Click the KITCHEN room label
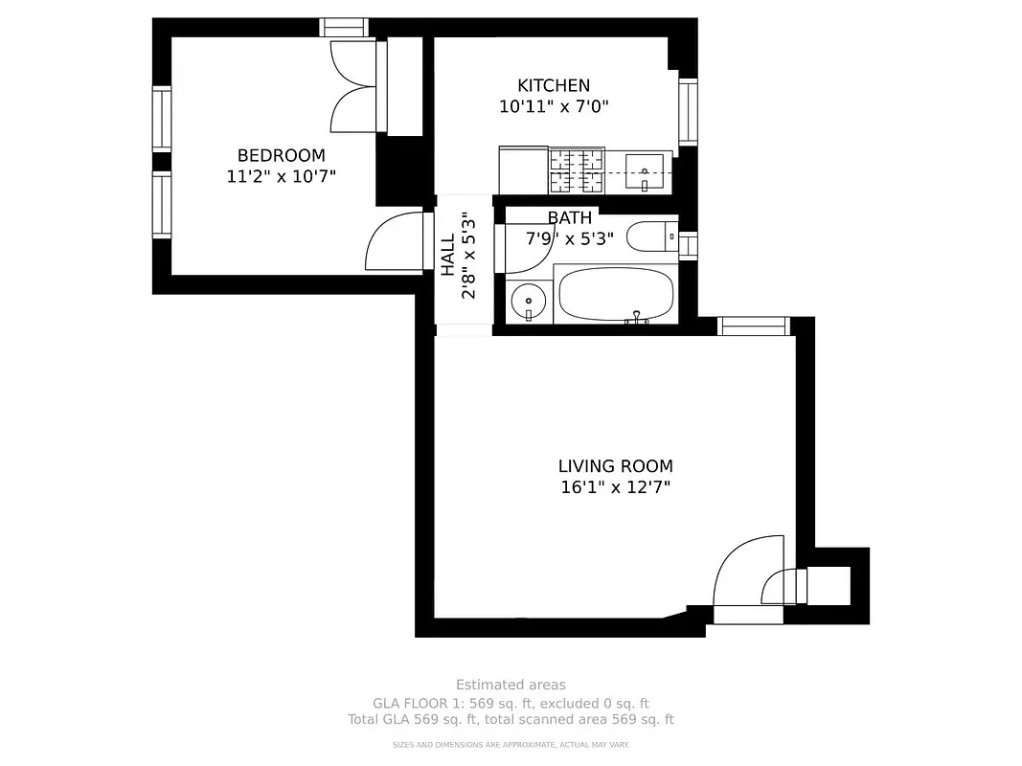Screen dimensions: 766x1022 tap(554, 85)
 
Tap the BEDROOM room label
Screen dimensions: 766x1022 tap(281, 155)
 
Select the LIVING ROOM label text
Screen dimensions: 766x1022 tap(615, 466)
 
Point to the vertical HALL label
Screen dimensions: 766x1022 tap(448, 256)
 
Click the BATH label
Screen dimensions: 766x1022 tap(569, 217)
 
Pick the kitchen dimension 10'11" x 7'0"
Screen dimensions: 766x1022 tap(554, 106)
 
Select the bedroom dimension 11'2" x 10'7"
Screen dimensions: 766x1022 tap(281, 176)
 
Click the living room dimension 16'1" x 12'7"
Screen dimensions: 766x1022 tap(615, 487)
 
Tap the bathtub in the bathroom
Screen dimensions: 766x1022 tap(615, 296)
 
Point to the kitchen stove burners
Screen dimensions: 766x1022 tap(577, 169)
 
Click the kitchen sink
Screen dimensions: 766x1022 tap(645, 173)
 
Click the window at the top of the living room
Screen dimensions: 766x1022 tap(753, 327)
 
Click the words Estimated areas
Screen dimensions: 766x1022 tap(511, 685)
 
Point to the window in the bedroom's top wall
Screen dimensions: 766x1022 tap(344, 28)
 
